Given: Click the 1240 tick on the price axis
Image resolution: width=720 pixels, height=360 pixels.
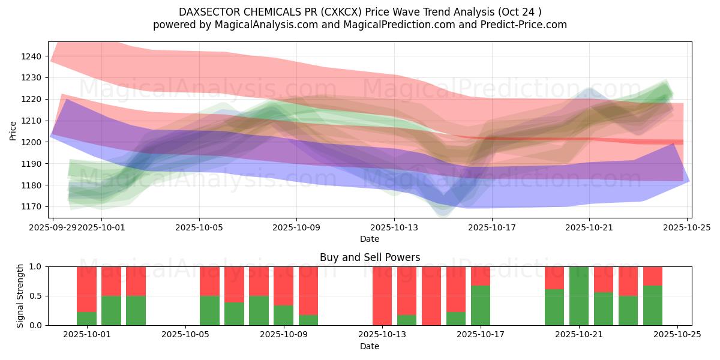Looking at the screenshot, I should pyautogui.click(x=34, y=56).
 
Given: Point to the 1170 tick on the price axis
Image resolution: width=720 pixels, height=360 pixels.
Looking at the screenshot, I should pyautogui.click(x=34, y=206).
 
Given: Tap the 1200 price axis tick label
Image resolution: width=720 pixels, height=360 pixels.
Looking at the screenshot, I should pyautogui.click(x=34, y=142).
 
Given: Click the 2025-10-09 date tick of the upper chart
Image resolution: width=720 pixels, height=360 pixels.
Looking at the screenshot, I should pyautogui.click(x=296, y=227).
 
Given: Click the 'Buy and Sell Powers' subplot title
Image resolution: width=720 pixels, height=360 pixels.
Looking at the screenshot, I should pyautogui.click(x=370, y=257).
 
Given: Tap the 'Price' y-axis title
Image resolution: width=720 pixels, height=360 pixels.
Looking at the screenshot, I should pyautogui.click(x=13, y=130).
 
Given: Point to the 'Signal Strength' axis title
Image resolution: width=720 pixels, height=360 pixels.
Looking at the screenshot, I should pyautogui.click(x=20, y=295).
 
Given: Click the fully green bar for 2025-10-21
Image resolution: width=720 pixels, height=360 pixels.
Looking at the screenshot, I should pyautogui.click(x=579, y=296).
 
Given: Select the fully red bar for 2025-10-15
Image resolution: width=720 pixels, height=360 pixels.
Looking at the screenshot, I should pyautogui.click(x=431, y=296).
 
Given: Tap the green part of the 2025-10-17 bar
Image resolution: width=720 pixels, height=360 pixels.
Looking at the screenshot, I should pyautogui.click(x=481, y=305).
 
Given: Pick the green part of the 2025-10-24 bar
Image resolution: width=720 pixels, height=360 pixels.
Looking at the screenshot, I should pyautogui.click(x=653, y=305).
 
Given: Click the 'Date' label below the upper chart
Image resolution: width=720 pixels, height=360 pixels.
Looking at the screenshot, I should pyautogui.click(x=370, y=239).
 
